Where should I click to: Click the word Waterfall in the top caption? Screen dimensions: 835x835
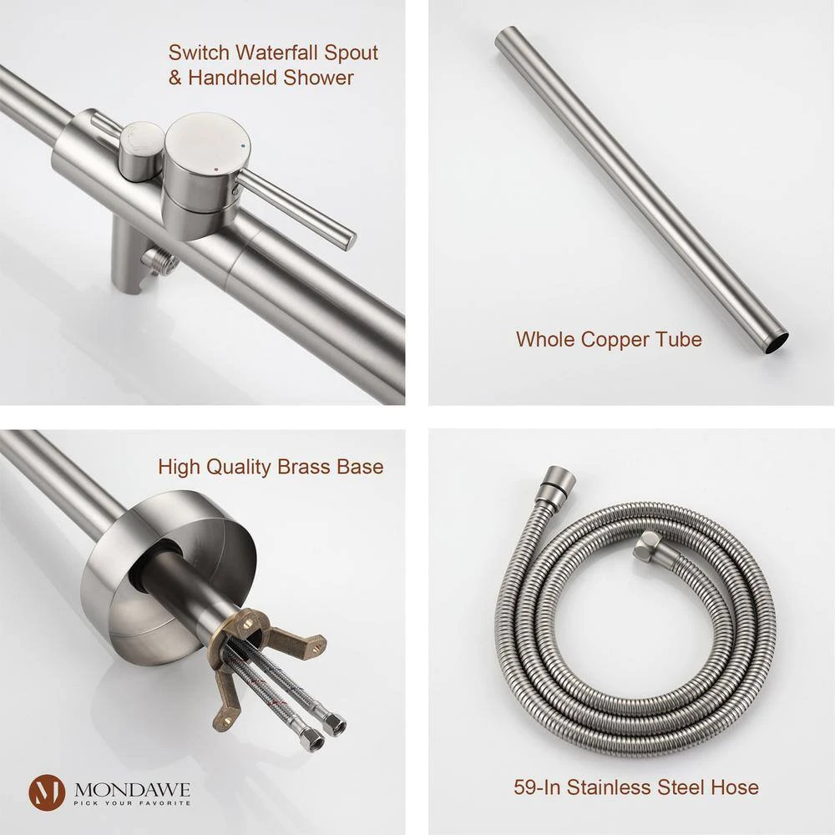click(x=277, y=53)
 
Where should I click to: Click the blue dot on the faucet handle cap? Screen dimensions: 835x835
click(x=243, y=145)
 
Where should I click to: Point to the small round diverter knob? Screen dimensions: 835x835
click(x=139, y=150)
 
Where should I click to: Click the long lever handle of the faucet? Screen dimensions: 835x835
click(x=296, y=209)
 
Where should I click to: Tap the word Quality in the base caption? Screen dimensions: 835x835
click(x=239, y=468)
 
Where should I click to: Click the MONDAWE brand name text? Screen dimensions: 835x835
click(x=132, y=789)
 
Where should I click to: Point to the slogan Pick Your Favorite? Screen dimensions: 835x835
click(x=132, y=803)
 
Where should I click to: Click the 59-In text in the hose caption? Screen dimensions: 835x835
click(x=537, y=787)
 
